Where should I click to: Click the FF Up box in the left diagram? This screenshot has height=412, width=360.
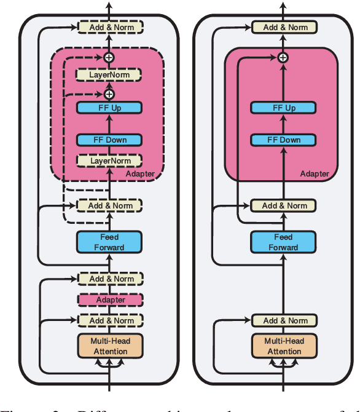(109, 108)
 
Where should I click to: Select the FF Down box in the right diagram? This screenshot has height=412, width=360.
(283, 140)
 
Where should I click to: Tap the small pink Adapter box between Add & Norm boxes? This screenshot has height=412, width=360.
(109, 299)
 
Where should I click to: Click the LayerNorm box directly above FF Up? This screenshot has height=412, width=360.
(109, 75)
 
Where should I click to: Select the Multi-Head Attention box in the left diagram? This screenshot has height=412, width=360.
(109, 346)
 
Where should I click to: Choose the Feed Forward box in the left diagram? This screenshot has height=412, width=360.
(109, 242)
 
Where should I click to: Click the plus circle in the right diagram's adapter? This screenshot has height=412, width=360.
(283, 57)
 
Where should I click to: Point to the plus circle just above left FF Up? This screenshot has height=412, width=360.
(109, 94)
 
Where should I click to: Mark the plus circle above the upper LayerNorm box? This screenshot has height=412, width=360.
(109, 57)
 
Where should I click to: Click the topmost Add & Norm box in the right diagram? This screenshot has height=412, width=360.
(284, 27)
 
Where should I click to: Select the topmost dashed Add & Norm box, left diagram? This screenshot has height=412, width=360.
(110, 27)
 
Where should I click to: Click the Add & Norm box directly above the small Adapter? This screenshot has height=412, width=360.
(110, 279)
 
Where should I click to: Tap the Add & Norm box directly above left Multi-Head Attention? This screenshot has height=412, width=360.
(110, 320)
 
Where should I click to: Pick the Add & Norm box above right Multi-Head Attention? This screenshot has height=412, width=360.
(284, 320)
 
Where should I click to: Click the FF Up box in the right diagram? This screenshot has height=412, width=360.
(283, 108)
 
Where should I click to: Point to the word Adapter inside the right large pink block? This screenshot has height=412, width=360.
(314, 174)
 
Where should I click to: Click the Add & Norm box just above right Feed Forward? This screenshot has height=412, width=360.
(284, 205)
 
